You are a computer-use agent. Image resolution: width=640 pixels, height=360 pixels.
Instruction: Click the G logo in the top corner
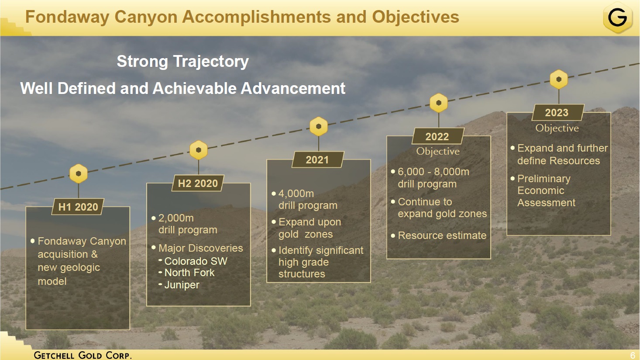click(x=617, y=17)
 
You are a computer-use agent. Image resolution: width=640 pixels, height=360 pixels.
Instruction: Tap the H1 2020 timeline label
click(x=78, y=207)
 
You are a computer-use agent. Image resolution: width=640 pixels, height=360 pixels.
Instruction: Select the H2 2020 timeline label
click(x=198, y=183)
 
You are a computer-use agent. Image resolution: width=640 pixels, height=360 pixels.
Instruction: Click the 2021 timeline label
click(x=317, y=159)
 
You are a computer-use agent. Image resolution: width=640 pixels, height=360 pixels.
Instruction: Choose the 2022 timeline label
click(x=437, y=136)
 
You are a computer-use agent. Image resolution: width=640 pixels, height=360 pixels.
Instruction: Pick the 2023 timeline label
click(x=557, y=112)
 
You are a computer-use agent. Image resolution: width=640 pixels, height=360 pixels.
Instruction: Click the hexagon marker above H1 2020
click(x=78, y=173)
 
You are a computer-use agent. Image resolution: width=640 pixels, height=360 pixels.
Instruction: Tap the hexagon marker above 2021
click(x=319, y=126)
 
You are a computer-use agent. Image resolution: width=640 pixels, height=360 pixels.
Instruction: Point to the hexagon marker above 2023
click(x=559, y=79)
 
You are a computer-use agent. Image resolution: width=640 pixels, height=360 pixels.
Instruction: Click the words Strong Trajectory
click(x=183, y=62)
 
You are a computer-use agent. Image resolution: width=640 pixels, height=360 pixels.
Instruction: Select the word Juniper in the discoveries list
click(x=182, y=285)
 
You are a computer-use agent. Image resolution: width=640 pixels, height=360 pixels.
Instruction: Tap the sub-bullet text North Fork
click(x=189, y=273)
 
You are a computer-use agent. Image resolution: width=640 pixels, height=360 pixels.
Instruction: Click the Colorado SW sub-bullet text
click(x=196, y=261)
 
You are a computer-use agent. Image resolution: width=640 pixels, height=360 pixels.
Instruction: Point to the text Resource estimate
click(x=442, y=235)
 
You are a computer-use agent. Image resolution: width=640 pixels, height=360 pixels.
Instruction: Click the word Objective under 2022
click(x=438, y=151)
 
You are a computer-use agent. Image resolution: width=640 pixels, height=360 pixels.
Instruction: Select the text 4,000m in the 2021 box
click(x=296, y=194)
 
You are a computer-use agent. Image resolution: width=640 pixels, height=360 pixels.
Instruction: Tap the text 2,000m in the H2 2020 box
click(x=176, y=218)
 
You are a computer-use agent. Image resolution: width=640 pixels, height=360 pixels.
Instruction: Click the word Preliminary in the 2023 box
click(x=544, y=179)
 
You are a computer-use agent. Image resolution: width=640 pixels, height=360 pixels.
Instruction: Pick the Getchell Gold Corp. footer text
click(x=83, y=355)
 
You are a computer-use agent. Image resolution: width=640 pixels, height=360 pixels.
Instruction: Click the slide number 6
click(x=633, y=356)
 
